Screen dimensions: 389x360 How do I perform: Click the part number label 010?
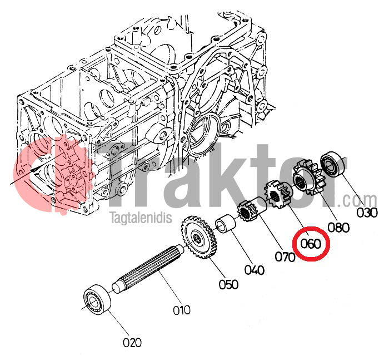182,310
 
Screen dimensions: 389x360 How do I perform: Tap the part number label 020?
132,343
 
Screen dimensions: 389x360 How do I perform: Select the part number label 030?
367,213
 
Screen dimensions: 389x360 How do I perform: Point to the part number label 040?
255,270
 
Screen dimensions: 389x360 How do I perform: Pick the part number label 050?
228,284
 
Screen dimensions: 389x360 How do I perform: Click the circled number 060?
311,244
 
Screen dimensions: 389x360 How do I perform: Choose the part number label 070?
285,257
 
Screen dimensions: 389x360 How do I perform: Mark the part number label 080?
338,228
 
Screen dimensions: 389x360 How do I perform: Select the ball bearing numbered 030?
333,165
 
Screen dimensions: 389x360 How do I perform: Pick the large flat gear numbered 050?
199,237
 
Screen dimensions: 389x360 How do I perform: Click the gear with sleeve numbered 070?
252,209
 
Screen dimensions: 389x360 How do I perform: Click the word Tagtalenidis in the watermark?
141,217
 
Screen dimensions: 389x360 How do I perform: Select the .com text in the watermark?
357,200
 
